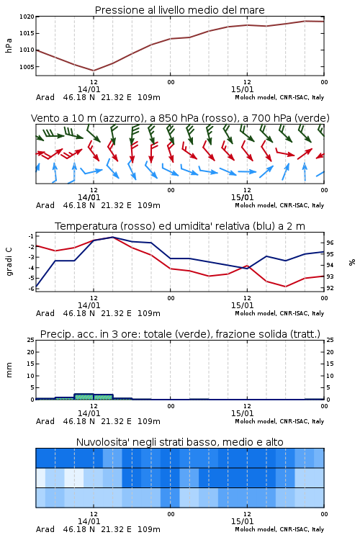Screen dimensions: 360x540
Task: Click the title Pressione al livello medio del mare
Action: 179,10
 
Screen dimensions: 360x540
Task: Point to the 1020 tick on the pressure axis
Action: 27,17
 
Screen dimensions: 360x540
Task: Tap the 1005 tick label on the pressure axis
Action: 27,67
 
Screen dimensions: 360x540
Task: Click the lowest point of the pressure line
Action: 94,71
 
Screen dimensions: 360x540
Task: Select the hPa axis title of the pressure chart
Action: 9,45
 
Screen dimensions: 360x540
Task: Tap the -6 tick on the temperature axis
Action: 31,289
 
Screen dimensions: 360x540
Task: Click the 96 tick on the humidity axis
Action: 330,243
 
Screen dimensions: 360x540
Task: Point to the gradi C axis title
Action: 9,261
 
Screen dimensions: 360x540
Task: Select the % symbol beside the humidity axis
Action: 352,262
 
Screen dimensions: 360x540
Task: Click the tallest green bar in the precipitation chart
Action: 84,397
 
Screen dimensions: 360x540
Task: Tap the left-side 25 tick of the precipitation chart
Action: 31,340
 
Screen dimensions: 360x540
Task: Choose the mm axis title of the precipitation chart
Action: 9,369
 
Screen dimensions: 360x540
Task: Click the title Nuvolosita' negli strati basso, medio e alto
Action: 179,442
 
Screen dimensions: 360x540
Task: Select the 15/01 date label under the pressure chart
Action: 242,89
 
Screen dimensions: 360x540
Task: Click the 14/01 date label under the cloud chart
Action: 89,521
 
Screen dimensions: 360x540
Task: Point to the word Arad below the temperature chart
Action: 45,313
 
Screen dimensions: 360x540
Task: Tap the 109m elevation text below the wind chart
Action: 149,205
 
